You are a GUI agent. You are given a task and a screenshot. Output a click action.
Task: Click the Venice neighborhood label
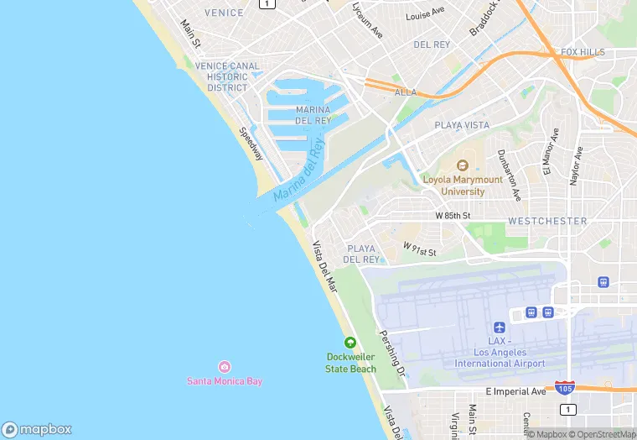(x=224, y=13)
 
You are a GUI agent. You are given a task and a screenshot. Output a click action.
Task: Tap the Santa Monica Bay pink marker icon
(x=224, y=367)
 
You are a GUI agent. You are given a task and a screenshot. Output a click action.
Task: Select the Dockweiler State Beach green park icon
(x=350, y=342)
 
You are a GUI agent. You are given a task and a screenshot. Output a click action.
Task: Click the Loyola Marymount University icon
(x=463, y=165)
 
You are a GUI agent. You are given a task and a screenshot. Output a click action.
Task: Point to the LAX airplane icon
(x=500, y=327)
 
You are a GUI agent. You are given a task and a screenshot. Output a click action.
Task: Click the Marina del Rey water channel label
(x=298, y=170)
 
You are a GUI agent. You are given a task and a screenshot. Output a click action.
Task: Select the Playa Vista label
(x=462, y=125)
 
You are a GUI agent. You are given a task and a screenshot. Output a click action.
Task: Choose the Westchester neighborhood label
(x=546, y=221)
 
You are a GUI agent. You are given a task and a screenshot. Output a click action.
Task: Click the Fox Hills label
(x=583, y=52)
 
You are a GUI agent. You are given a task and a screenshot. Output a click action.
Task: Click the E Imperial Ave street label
(x=515, y=391)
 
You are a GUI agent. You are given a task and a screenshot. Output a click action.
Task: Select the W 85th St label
(x=453, y=216)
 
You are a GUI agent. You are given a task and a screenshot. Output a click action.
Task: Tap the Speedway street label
(x=251, y=144)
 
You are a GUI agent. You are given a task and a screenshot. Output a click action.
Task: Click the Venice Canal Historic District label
(x=228, y=76)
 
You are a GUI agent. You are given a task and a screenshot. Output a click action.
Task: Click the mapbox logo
(x=38, y=428)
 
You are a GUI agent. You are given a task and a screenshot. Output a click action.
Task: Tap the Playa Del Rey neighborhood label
(x=362, y=254)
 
